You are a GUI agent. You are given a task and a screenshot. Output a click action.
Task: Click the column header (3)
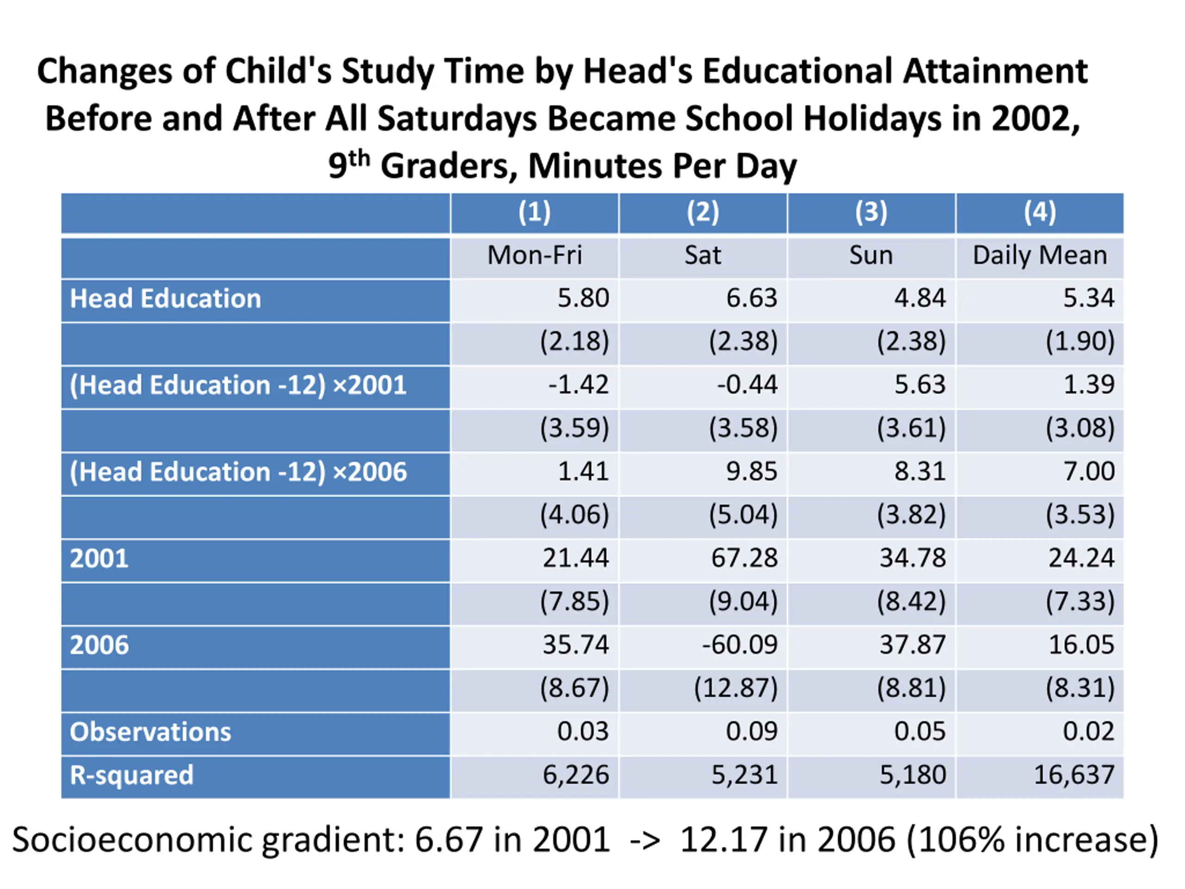pos(871,212)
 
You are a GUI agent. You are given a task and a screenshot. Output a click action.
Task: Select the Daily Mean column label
pos(1040,255)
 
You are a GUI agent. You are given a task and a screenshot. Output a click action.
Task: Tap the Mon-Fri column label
pos(534,255)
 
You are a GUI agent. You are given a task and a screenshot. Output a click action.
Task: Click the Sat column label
pos(702,255)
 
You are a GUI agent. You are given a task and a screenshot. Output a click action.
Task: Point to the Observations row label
pos(150,732)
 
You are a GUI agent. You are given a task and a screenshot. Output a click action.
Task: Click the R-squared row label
pos(132,776)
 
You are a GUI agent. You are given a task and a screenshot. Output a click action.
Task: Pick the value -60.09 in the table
pos(740,645)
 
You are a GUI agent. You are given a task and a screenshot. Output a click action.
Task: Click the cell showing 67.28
pos(744,558)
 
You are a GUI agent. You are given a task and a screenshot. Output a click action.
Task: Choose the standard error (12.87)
pos(736,688)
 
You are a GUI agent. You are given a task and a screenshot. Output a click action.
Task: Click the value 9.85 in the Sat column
pos(752,471)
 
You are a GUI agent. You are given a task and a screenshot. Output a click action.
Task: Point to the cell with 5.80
pos(583,298)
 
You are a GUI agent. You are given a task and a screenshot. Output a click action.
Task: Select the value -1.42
pos(579,385)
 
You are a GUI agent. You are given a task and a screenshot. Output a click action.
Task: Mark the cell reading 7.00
pos(1089,471)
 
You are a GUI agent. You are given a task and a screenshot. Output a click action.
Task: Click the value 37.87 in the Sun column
pos(913,645)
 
